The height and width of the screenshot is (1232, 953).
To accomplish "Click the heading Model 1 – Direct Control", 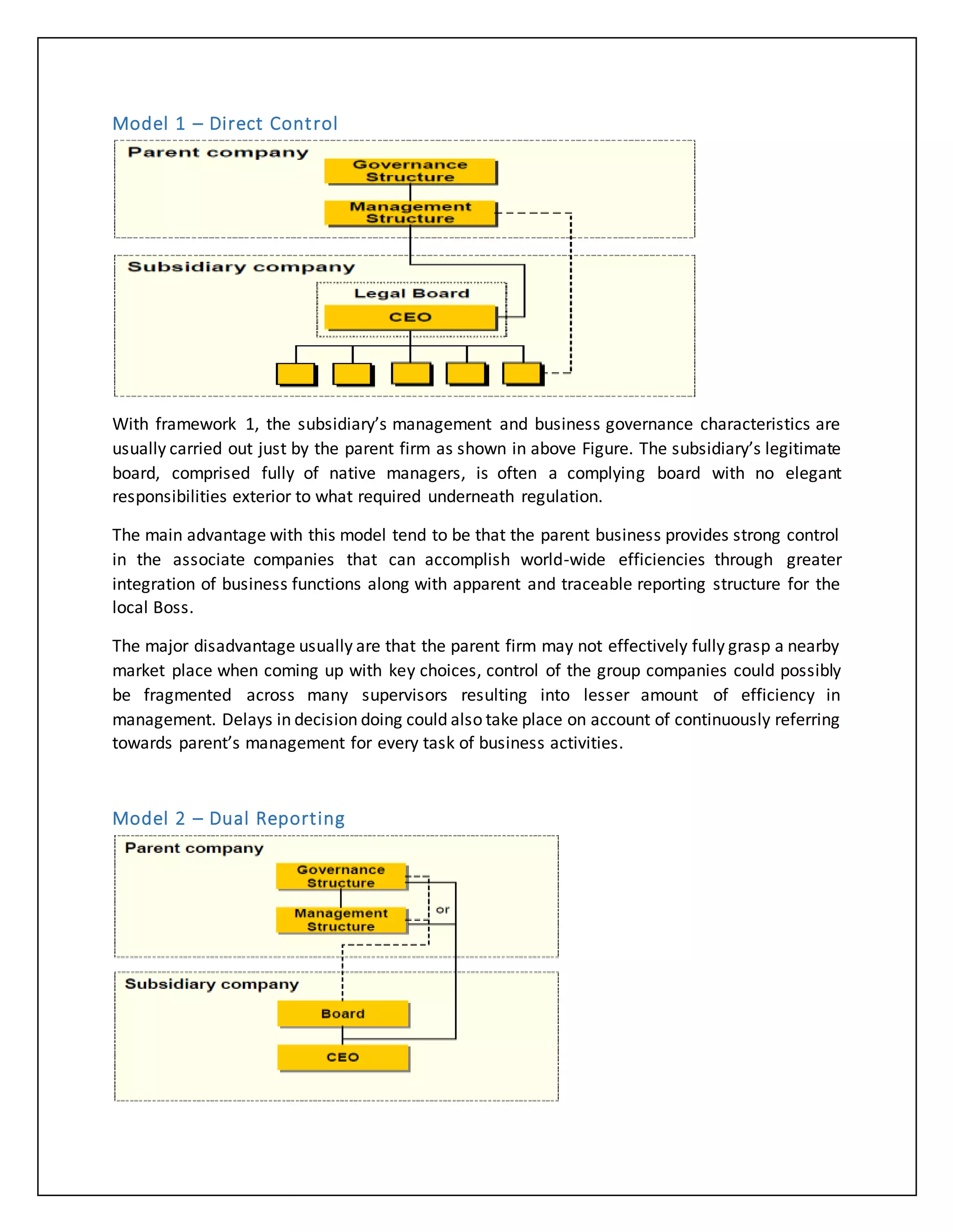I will point(225,124).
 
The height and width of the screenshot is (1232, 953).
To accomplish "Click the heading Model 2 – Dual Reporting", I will point(228,819).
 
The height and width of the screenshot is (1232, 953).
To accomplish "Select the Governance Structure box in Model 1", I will point(410,171).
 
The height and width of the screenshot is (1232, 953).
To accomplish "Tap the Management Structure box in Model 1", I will point(410,212).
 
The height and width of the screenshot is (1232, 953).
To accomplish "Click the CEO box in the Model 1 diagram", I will point(410,317).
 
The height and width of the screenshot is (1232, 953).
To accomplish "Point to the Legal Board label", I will point(411,293).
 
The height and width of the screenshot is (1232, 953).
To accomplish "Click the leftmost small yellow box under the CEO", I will point(296,374).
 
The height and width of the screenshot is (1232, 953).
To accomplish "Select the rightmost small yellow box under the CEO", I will point(522,374).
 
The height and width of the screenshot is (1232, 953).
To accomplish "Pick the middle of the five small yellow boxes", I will point(411,374).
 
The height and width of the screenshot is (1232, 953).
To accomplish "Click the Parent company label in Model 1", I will point(218,152).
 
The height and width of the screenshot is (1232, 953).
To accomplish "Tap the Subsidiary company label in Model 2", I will point(212,984).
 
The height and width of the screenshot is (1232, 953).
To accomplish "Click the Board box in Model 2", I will point(342,1013).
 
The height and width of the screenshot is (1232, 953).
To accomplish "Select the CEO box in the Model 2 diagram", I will point(342,1057).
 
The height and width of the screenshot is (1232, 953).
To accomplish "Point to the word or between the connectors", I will point(443,910).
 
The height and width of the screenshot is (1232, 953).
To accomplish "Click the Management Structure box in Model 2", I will point(341,920).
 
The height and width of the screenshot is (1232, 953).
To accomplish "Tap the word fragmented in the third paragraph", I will point(188,695).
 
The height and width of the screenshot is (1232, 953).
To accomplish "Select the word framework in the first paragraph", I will point(195,424).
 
